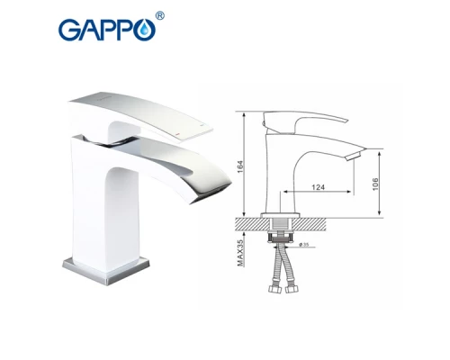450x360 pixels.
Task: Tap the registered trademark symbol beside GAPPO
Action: pos(160,15)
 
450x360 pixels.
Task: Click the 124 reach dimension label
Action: pos(318,188)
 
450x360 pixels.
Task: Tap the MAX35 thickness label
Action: pos(242,248)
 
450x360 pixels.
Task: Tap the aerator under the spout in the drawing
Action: pos(353,158)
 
